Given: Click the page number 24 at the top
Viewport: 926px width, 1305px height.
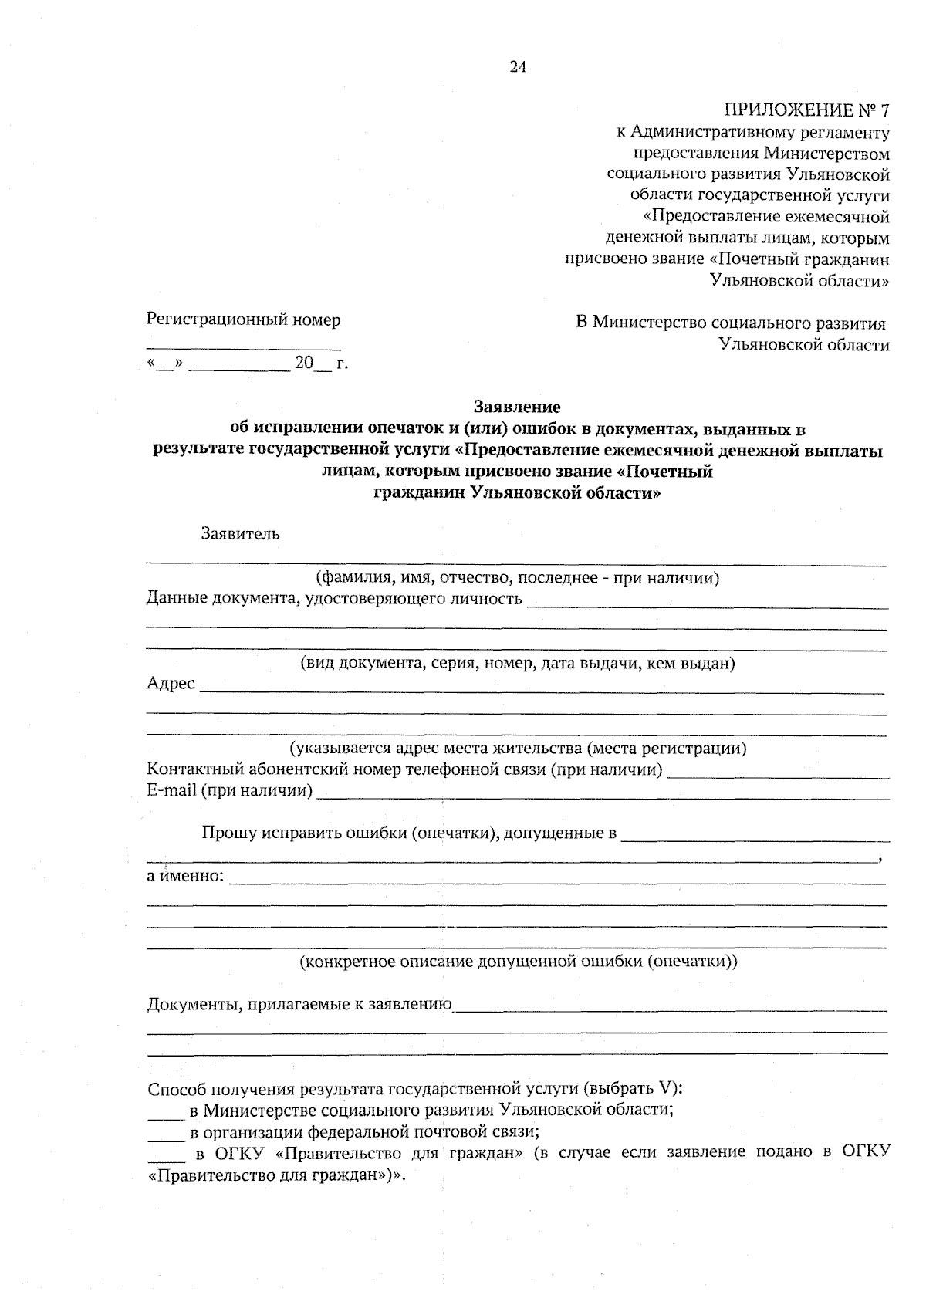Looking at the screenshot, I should pyautogui.click(x=518, y=67).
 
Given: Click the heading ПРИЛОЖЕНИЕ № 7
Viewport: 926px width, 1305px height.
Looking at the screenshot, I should pyautogui.click(x=806, y=110).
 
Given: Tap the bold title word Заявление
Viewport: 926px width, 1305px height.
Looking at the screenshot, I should pyautogui.click(x=517, y=406).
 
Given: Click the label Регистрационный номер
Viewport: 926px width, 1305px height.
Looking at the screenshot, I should pyautogui.click(x=243, y=319).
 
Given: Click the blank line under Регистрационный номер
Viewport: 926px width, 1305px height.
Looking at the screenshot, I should pyautogui.click(x=243, y=349).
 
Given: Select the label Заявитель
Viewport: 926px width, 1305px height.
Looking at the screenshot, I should pyautogui.click(x=240, y=533).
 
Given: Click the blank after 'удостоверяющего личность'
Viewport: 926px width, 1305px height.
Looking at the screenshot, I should pyautogui.click(x=707, y=606).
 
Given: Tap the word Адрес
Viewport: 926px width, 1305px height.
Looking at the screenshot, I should pyautogui.click(x=171, y=684).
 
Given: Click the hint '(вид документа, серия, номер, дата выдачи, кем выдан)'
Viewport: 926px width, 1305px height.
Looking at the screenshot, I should pyautogui.click(x=517, y=663).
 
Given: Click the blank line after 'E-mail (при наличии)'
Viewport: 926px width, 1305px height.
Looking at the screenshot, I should pyautogui.click(x=602, y=796).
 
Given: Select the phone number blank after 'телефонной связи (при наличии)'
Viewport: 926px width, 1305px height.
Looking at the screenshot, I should pyautogui.click(x=778, y=776).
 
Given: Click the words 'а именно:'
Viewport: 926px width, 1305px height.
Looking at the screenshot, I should pyautogui.click(x=185, y=877).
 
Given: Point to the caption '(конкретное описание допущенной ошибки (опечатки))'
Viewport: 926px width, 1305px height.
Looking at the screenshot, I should pyautogui.click(x=517, y=962).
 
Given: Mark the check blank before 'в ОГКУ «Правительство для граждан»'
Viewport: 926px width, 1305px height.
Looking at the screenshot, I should pyautogui.click(x=165, y=1159).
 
